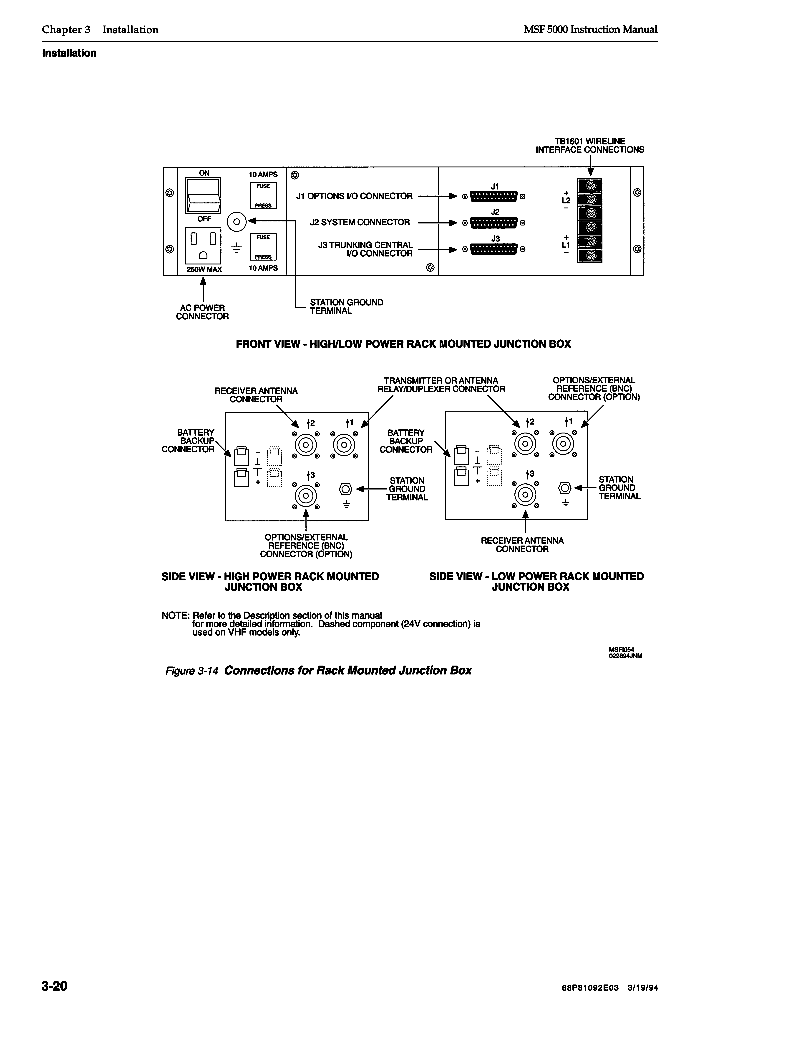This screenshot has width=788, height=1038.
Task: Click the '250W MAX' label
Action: point(204,269)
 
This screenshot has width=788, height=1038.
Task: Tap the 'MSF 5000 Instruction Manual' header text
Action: point(591,30)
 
